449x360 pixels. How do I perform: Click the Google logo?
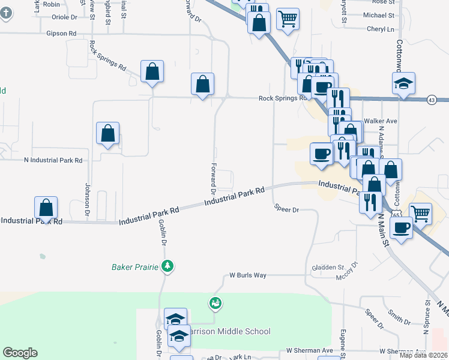pyautogui.click(x=20, y=353)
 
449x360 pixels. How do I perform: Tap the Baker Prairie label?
pyautogui.click(x=137, y=266)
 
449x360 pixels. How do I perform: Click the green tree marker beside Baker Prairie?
pyautogui.click(x=169, y=266)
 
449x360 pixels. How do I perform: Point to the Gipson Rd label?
pyautogui.click(x=61, y=34)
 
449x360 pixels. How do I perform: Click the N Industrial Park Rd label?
pyautogui.click(x=53, y=160)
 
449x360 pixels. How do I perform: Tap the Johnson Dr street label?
pyautogui.click(x=88, y=199)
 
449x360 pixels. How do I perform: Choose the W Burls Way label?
pyautogui.click(x=248, y=276)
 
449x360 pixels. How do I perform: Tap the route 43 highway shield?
pyautogui.click(x=432, y=99)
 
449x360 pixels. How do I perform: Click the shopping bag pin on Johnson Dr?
pyautogui.click(x=108, y=134)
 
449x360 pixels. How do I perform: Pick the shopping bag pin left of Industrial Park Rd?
pyautogui.click(x=46, y=208)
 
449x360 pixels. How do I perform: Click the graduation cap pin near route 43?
pyautogui.click(x=403, y=84)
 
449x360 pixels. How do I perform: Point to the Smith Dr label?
pyautogui.click(x=398, y=317)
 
